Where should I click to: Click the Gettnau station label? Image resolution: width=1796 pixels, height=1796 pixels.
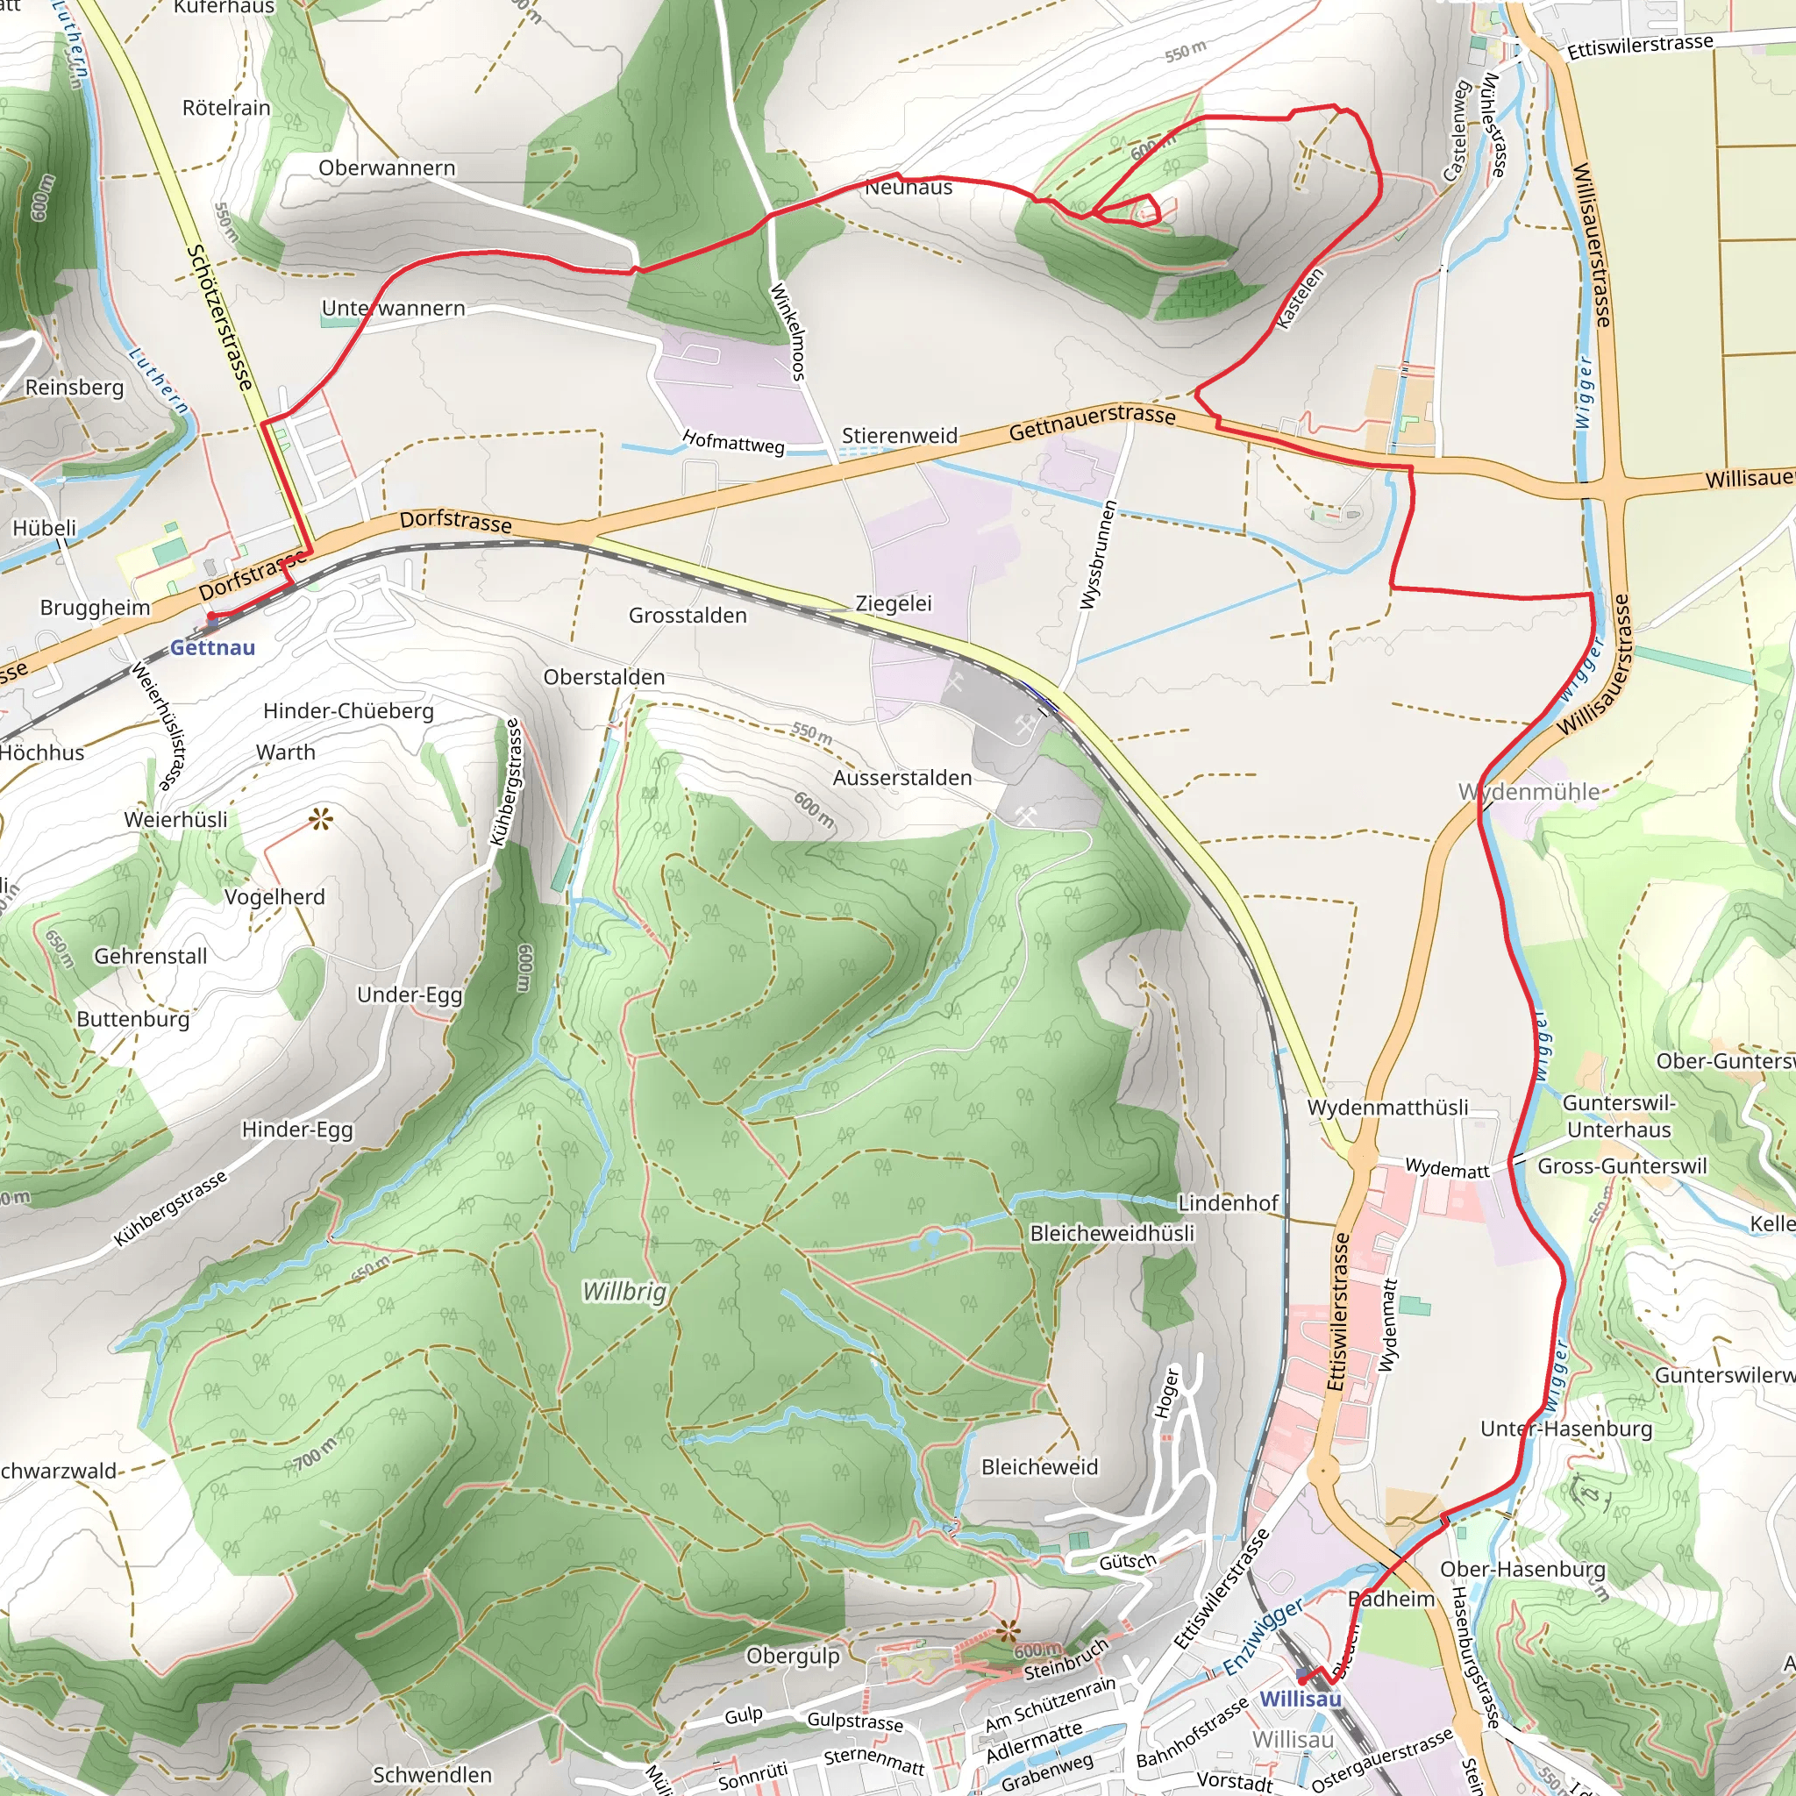tap(212, 648)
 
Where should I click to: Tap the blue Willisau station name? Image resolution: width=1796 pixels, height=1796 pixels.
tap(1300, 1700)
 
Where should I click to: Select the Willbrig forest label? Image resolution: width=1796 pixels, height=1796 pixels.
tap(624, 1291)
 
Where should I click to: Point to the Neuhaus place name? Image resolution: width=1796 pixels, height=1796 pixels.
tap(909, 188)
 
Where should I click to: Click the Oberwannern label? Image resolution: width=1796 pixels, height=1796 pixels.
tap(387, 168)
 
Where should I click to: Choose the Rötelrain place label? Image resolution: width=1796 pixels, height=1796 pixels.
tap(226, 108)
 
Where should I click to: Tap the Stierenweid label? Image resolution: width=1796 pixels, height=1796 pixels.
tap(899, 436)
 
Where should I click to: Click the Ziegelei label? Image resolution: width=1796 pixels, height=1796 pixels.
tap(894, 603)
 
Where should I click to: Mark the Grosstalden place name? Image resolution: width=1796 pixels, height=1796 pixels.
tap(687, 616)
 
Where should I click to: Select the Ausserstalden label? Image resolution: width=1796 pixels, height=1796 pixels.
tap(902, 778)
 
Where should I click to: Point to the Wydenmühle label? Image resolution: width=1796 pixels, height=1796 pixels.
tap(1529, 792)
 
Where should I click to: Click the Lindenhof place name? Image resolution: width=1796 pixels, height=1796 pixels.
tap(1227, 1203)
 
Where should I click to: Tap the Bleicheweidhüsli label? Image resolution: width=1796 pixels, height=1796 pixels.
tap(1112, 1234)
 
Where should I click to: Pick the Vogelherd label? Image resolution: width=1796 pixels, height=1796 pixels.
tap(274, 897)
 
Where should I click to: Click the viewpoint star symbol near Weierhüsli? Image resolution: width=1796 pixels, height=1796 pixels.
tap(321, 819)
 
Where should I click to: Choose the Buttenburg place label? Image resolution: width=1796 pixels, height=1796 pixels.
tap(133, 1019)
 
